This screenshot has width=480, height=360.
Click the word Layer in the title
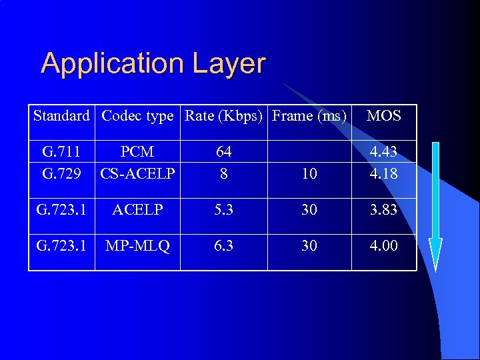pos(229,65)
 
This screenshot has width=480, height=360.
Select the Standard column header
pos(61,116)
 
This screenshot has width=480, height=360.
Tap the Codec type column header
pos(137,116)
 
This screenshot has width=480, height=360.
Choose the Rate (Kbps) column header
pos(224,116)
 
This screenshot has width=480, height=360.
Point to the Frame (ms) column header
pos(309,116)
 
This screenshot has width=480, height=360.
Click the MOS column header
pos(384,116)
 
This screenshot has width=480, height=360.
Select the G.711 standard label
pos(61,152)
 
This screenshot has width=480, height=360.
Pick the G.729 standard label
pos(61,173)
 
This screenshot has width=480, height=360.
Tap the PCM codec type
pos(137,152)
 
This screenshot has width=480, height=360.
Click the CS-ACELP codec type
pos(137,173)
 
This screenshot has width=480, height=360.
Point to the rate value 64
pos(224,152)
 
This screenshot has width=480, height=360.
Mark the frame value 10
pos(309,174)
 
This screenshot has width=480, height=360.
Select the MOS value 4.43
pos(384,152)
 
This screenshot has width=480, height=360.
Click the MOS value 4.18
pos(384,173)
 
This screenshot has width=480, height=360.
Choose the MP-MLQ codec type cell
pos(137,246)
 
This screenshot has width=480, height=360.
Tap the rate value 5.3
pos(224,210)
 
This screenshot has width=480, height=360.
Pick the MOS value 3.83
pos(384,210)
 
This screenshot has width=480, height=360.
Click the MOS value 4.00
pos(384,246)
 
